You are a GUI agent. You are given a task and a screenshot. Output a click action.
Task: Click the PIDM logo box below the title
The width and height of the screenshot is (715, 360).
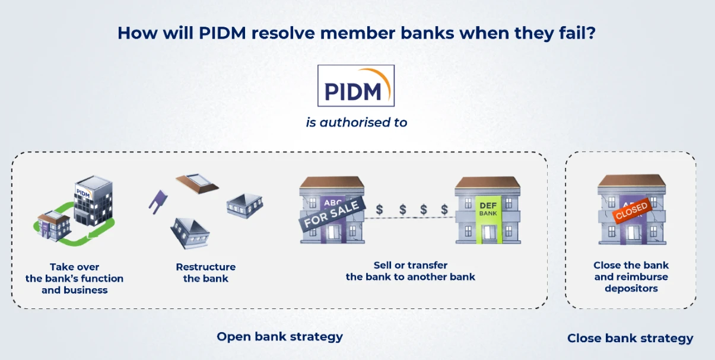[x=356, y=85]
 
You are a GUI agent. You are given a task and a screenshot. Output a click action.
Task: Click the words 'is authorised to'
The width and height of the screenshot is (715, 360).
[x=357, y=123]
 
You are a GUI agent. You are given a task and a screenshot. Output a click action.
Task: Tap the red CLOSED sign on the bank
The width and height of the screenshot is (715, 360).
[x=631, y=211]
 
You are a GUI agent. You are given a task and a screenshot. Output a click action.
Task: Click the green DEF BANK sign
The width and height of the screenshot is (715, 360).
[x=488, y=219]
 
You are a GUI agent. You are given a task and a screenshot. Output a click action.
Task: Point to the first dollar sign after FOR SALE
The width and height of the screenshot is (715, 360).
[x=379, y=210]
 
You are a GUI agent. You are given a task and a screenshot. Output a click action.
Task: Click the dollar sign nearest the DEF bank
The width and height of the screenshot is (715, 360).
[x=444, y=210]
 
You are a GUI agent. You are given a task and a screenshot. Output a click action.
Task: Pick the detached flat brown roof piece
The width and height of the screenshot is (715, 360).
[x=197, y=183]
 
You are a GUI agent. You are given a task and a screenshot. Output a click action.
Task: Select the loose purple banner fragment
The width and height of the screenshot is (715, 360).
[x=158, y=202]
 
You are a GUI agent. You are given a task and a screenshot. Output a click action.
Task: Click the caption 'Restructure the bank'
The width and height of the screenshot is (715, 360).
[x=206, y=273]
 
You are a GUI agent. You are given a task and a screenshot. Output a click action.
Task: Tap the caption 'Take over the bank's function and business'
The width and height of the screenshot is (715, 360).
[x=74, y=278]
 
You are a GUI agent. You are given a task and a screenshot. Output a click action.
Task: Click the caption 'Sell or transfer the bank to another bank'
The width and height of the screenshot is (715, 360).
[x=411, y=271]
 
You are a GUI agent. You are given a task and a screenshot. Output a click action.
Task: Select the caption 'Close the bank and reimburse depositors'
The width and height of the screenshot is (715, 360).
[x=631, y=277]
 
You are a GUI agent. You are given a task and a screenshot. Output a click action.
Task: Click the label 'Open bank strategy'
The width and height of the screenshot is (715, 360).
[x=280, y=337]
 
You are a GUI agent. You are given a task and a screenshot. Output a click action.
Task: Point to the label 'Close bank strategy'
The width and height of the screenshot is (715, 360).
[x=630, y=338]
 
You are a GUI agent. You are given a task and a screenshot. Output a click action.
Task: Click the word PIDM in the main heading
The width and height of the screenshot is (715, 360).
[x=222, y=33]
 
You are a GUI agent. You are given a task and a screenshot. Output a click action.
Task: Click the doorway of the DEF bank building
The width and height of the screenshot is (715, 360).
[x=489, y=234]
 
